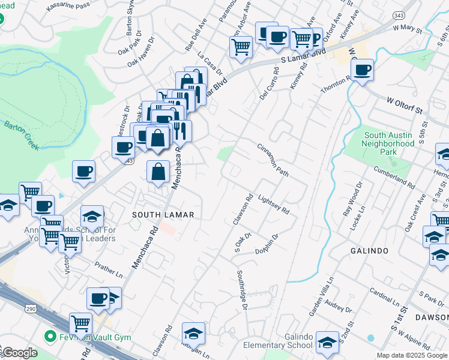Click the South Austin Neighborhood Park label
click(388, 144)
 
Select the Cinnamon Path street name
click(273, 160)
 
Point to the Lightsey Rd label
click(273, 204)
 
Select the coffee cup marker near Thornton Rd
click(362, 70)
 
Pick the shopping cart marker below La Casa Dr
click(241, 46)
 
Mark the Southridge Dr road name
click(241, 290)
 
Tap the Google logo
click(19, 352)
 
